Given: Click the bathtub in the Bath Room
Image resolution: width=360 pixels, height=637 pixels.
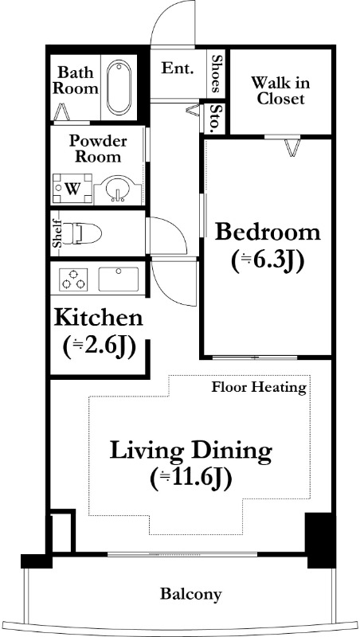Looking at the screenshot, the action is (119, 88).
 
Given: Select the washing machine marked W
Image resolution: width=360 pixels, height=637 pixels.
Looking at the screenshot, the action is (72, 189).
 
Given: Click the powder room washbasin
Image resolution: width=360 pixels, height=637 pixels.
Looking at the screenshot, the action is (117, 190).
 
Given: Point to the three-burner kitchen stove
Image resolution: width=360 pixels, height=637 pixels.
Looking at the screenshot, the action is (73, 279).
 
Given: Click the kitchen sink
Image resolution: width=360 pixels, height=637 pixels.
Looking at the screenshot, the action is (119, 279).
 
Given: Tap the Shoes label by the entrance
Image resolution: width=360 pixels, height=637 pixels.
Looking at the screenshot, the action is (216, 73).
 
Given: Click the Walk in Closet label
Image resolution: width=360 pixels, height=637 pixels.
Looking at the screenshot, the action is (280, 91).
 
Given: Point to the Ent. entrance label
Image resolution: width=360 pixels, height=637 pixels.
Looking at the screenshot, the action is (177, 68).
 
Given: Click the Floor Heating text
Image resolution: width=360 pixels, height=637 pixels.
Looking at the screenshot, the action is (259, 387).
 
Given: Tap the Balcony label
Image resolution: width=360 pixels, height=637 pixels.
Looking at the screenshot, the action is (191, 594).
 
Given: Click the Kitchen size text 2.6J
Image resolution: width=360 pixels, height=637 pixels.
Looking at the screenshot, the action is (99, 346).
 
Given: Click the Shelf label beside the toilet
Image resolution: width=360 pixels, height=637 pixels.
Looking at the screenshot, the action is (57, 233).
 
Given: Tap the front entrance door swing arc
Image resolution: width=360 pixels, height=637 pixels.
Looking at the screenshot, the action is (162, 12).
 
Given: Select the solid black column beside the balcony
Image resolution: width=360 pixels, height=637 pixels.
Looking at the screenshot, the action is (319, 540).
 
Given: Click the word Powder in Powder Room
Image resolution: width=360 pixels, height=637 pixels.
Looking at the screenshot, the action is (97, 142).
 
